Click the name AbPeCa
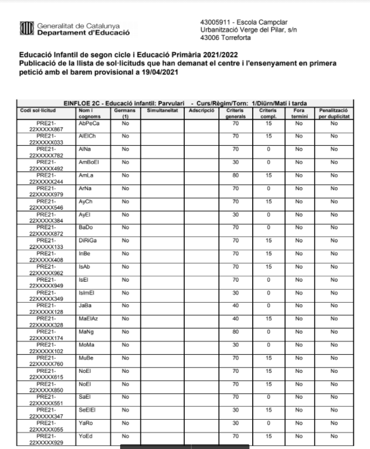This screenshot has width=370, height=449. [x=89, y=124]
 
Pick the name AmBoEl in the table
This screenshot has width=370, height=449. [x=90, y=162]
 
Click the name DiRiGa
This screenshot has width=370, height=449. [x=89, y=239]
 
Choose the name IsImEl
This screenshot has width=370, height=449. [x=88, y=292]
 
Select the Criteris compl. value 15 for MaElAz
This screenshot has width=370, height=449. [x=267, y=317]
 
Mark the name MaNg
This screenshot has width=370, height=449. [x=86, y=330]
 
